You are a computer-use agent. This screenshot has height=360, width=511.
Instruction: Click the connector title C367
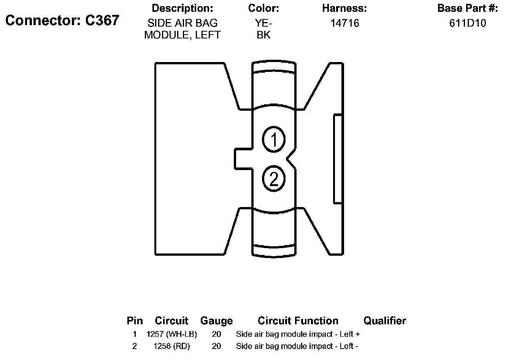(62, 21)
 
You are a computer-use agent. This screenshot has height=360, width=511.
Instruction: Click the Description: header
(182, 8)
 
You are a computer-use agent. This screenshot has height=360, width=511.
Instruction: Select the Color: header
(263, 8)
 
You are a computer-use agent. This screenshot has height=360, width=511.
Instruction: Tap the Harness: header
(344, 8)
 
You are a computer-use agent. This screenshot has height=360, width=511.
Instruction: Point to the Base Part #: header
(467, 8)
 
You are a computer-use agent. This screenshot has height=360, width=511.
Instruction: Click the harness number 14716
(344, 23)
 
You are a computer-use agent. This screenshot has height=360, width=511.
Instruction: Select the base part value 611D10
(468, 23)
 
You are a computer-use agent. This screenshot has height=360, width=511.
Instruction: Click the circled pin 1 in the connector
(274, 139)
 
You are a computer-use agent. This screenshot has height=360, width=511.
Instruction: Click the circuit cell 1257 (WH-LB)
(171, 335)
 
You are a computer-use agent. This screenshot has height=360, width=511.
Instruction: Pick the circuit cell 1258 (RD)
(171, 346)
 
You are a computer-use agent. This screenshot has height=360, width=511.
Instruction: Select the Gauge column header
(216, 321)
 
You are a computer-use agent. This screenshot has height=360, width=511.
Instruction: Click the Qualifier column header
(384, 321)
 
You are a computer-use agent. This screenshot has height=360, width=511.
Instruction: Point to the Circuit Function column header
(298, 321)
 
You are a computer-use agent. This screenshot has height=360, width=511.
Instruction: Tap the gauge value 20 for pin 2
(216, 346)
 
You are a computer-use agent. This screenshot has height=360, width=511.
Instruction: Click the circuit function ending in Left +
(298, 335)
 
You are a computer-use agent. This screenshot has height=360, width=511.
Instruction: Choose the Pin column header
(135, 321)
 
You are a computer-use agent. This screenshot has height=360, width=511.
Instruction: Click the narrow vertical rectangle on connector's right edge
(338, 159)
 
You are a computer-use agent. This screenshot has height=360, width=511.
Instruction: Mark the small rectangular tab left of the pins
(243, 159)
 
